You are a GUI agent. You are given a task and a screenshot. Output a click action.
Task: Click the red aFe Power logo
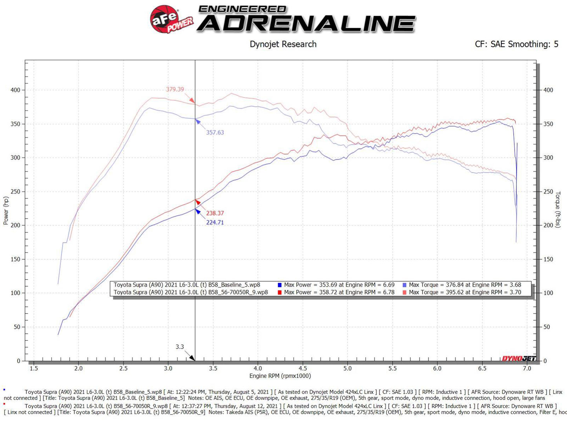[x=171, y=19]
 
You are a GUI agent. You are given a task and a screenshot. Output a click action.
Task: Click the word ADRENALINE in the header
[x=306, y=24]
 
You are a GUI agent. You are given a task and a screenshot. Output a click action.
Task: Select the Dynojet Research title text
[x=283, y=44]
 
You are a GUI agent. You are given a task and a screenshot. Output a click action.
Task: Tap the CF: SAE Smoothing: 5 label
[x=516, y=44]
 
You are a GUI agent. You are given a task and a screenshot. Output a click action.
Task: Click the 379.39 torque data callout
[x=175, y=89]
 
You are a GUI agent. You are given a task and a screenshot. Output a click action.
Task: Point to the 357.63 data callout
[x=215, y=133]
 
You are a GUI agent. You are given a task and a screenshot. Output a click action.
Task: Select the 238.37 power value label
[x=215, y=213]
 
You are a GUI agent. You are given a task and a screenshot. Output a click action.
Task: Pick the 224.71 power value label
[x=215, y=223]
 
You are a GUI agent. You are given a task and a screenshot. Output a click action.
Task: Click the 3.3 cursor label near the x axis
[x=180, y=347]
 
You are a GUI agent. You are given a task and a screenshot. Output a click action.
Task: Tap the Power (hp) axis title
[x=6, y=211]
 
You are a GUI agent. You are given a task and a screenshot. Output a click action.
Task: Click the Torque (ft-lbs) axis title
[x=558, y=210]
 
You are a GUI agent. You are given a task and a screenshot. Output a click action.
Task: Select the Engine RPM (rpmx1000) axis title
[x=280, y=376]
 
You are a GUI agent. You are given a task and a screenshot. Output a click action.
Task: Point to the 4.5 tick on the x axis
[x=303, y=369]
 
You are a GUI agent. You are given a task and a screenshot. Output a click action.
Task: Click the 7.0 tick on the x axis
[x=527, y=369]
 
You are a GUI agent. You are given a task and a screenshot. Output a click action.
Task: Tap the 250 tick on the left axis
[x=15, y=192]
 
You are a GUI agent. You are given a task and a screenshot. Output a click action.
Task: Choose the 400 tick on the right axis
[x=548, y=90]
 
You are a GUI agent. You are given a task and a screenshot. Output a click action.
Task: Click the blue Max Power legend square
[x=280, y=285]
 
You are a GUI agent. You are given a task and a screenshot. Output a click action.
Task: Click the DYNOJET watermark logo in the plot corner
[x=519, y=358]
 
